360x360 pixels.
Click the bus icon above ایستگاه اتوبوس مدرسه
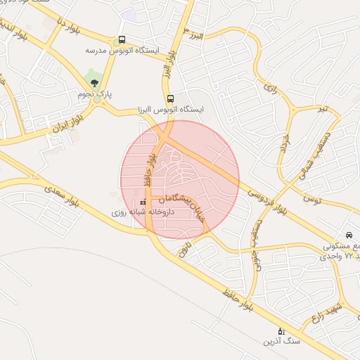[123, 39]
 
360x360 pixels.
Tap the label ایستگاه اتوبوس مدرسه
[123, 51]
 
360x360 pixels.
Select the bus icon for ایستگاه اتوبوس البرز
[171, 98]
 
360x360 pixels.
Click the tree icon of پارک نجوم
[96, 82]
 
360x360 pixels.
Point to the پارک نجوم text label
[96, 94]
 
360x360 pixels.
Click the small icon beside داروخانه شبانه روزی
[143, 202]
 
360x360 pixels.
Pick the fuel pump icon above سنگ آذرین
[282, 330]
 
